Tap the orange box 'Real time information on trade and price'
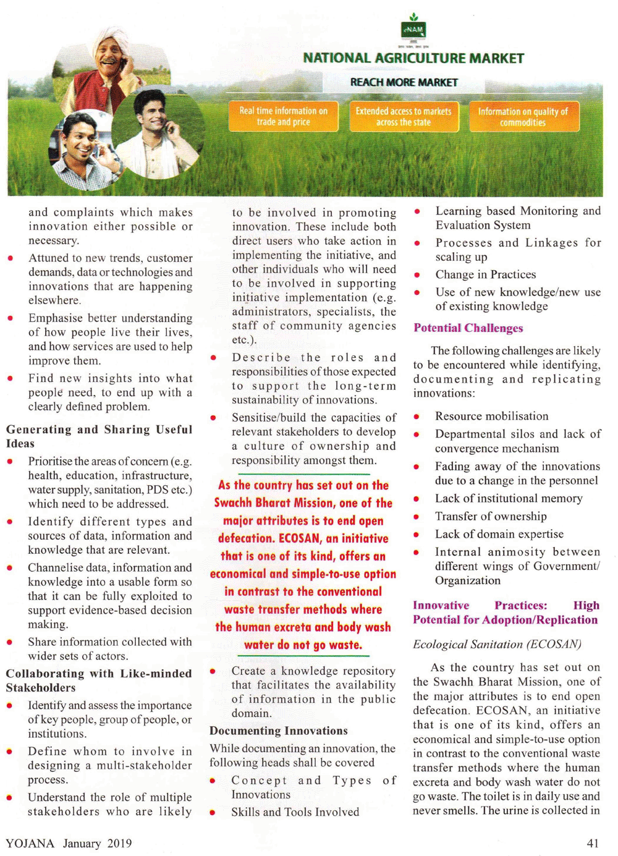coord(284,116)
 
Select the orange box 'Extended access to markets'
coord(404,116)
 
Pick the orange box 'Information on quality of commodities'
coord(523,117)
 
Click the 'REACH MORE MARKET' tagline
coord(404,82)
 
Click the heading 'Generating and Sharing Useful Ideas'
coord(99,436)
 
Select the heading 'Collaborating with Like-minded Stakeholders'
coord(99,680)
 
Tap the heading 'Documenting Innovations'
coord(279,731)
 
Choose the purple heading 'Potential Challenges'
coord(468,328)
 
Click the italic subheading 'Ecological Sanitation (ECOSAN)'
coord(497,644)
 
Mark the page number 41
coord(593,843)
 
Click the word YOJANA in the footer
coord(30,843)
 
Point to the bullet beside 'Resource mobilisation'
coord(417,417)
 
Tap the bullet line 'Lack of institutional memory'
coord(508,498)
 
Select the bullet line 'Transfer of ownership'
coord(491,516)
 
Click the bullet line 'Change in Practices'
coord(485,274)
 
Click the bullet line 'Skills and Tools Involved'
coord(295,812)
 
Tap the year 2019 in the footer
coord(119,843)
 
